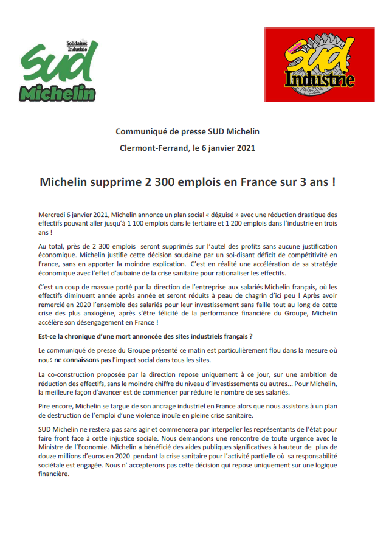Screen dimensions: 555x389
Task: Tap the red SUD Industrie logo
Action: pos(318,64)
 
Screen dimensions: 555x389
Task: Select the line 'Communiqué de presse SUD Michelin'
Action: pos(187,131)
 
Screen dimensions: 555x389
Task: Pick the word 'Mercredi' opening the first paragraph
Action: pos(52,215)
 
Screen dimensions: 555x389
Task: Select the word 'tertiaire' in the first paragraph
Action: pos(186,223)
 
